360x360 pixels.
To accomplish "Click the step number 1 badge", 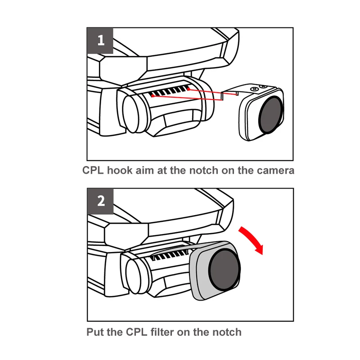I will point(100,40).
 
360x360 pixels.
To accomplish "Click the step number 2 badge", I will point(100,201).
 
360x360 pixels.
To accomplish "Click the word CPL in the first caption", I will point(94,171).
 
